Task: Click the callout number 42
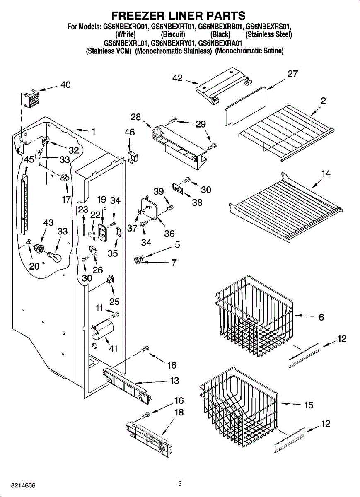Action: pyautogui.click(x=178, y=78)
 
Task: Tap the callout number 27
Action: pyautogui.click(x=292, y=74)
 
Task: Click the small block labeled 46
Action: pyautogui.click(x=133, y=157)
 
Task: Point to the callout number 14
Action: pyautogui.click(x=326, y=173)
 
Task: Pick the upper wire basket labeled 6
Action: pyautogui.click(x=254, y=316)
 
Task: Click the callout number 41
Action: pyautogui.click(x=113, y=349)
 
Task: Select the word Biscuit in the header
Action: pyautogui.click(x=173, y=34)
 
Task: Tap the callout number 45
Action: pyautogui.click(x=29, y=159)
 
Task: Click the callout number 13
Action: pyautogui.click(x=174, y=381)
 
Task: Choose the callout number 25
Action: pyautogui.click(x=114, y=302)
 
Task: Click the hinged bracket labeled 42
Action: pyautogui.click(x=224, y=85)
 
